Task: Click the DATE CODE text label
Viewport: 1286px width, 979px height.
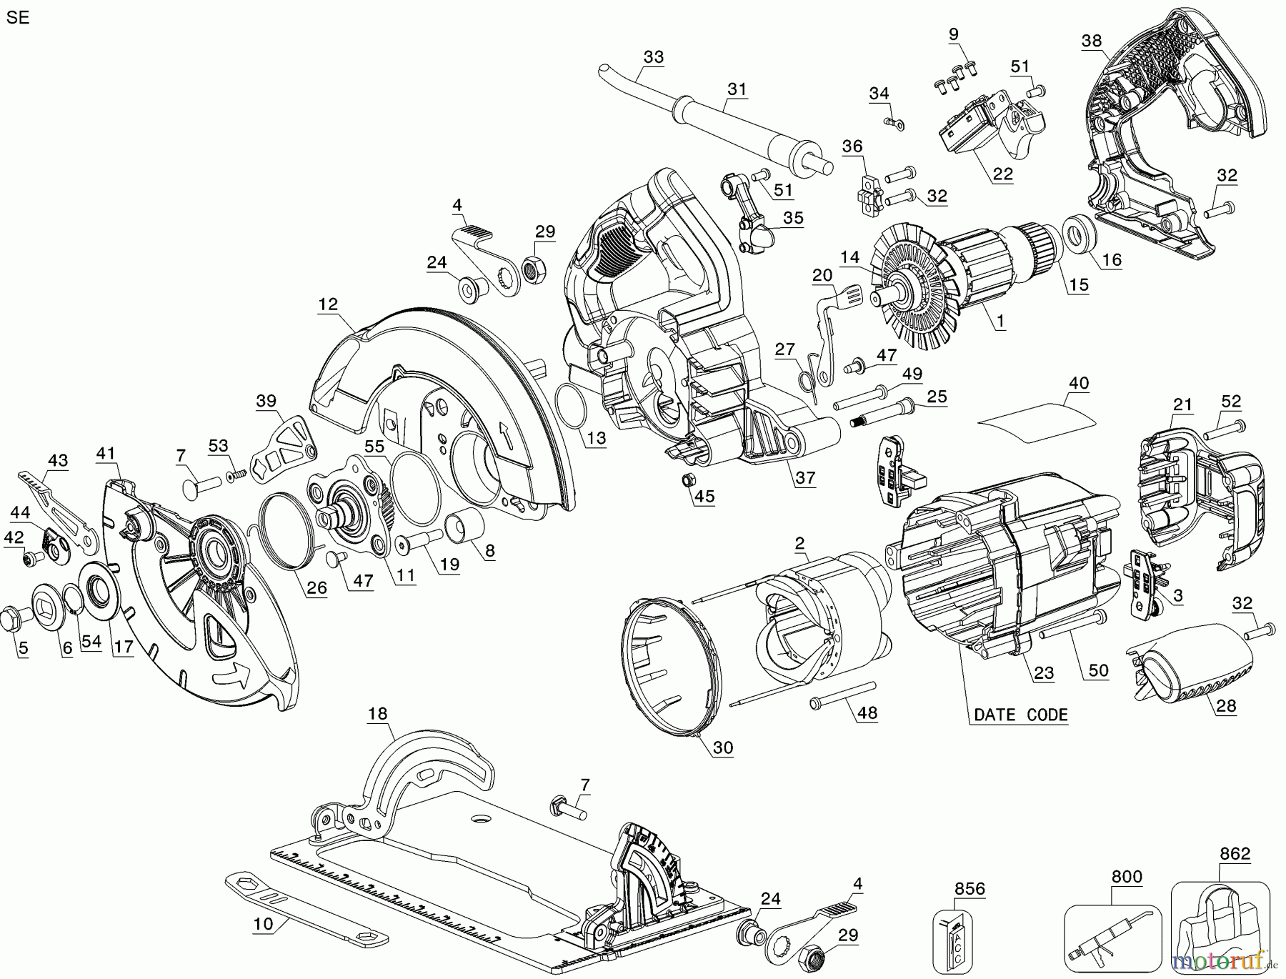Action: (x=1021, y=715)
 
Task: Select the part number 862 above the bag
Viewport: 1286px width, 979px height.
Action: (x=1235, y=853)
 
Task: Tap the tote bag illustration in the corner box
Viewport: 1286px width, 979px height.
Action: (x=1212, y=929)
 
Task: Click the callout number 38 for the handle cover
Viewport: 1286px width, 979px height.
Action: (x=1091, y=41)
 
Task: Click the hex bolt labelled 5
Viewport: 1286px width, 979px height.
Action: (x=16, y=617)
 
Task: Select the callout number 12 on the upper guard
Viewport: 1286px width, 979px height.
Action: (x=328, y=304)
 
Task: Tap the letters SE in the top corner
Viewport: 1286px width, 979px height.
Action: (x=17, y=18)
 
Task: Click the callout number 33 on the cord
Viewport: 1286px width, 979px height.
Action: (x=653, y=56)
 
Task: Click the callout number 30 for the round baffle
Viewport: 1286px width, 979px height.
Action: (x=723, y=747)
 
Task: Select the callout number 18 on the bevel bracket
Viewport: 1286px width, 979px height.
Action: (x=378, y=713)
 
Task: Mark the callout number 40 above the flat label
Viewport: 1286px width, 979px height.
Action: (x=1078, y=383)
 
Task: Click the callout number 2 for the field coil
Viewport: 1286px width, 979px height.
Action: (x=799, y=543)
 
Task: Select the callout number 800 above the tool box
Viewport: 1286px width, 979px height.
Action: (x=1126, y=876)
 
